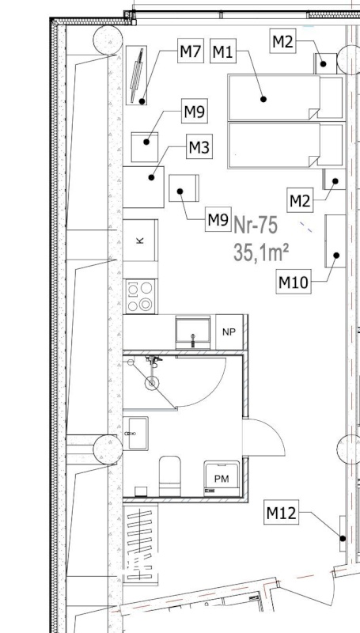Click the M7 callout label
point(191,51)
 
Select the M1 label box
point(223,51)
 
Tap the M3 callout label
point(199,146)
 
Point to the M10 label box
point(294,282)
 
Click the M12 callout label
point(282,512)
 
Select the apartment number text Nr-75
point(256,226)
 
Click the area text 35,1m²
point(261,252)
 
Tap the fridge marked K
point(141,241)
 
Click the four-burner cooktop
point(141,297)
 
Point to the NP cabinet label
point(229,332)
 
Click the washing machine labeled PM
point(222,479)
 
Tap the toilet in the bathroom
point(170,476)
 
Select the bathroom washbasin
point(135,434)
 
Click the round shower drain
point(152,383)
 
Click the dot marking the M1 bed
point(263,99)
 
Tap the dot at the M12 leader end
point(343,538)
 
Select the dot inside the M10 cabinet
point(336,255)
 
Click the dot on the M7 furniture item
point(142,101)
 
